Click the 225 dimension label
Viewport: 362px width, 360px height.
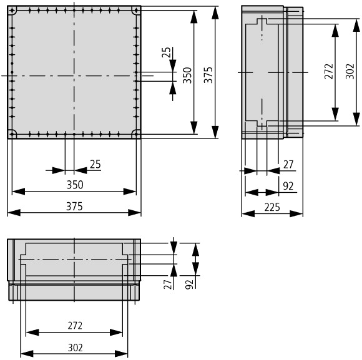tap(272, 207)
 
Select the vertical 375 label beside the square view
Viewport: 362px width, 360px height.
tap(208, 75)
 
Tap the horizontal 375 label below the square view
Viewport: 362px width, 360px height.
tap(74, 207)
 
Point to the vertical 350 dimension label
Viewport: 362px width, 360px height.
tap(187, 75)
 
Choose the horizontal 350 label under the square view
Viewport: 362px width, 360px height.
tap(75, 185)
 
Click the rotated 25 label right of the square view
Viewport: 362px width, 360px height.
tap(166, 52)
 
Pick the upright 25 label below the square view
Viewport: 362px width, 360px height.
tap(95, 164)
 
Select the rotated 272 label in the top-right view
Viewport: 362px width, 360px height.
tap(329, 71)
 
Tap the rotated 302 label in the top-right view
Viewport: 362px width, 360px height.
tap(350, 71)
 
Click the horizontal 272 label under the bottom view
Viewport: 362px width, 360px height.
tap(75, 326)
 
